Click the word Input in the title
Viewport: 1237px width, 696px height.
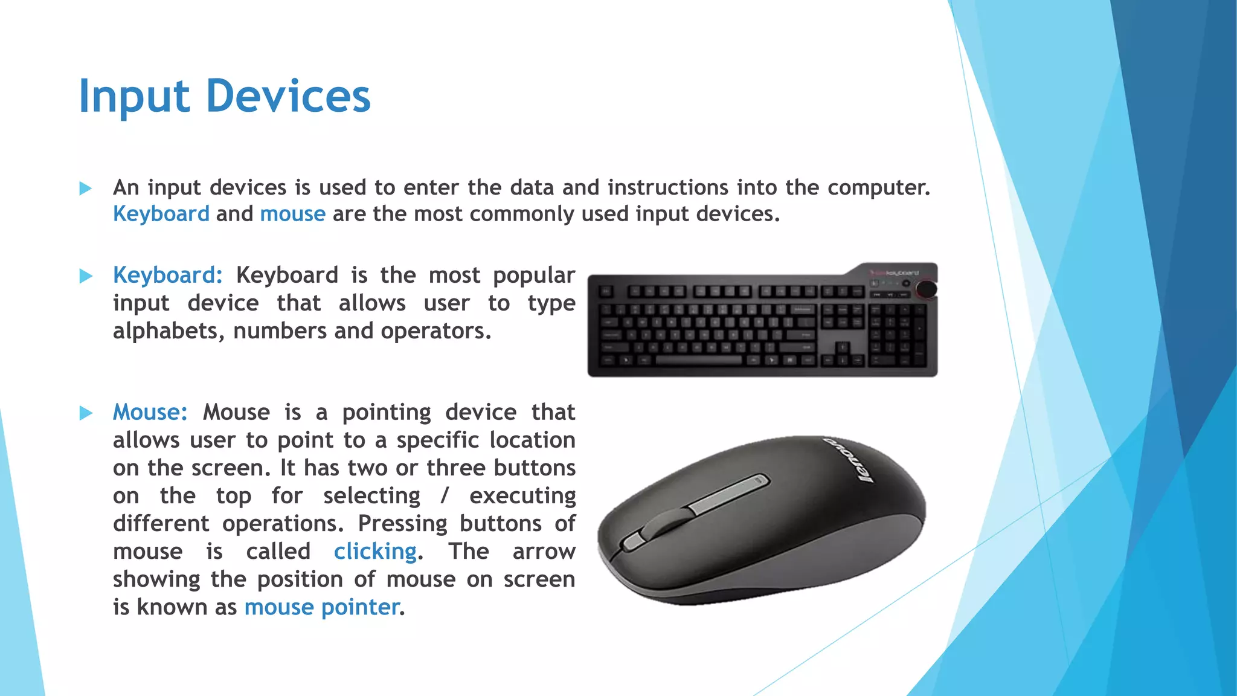[134, 97]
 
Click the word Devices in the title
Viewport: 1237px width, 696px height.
[288, 97]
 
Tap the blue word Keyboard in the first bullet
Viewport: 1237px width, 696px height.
[161, 214]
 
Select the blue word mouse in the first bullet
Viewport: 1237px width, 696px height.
[292, 214]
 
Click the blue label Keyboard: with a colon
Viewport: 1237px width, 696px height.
[168, 275]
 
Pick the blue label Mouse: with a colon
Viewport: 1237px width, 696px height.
[150, 413]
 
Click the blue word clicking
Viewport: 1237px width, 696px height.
[375, 552]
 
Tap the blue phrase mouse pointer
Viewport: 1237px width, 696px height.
[322, 607]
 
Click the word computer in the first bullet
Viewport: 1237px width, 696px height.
[878, 188]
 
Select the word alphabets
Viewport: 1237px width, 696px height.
[169, 331]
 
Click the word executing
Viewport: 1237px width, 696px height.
[522, 496]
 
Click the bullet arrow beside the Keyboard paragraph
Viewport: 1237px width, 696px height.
[86, 277]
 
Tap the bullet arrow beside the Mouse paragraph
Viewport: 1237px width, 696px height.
[86, 414]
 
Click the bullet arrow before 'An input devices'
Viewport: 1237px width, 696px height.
[86, 188]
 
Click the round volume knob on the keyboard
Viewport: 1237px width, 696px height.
[925, 289]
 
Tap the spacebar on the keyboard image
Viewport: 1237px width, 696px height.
[698, 361]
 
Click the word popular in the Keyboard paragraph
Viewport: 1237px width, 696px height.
[534, 275]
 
